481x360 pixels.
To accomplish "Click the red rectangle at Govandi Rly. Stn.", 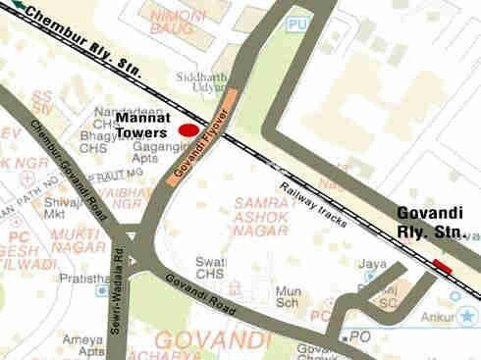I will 442,264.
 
